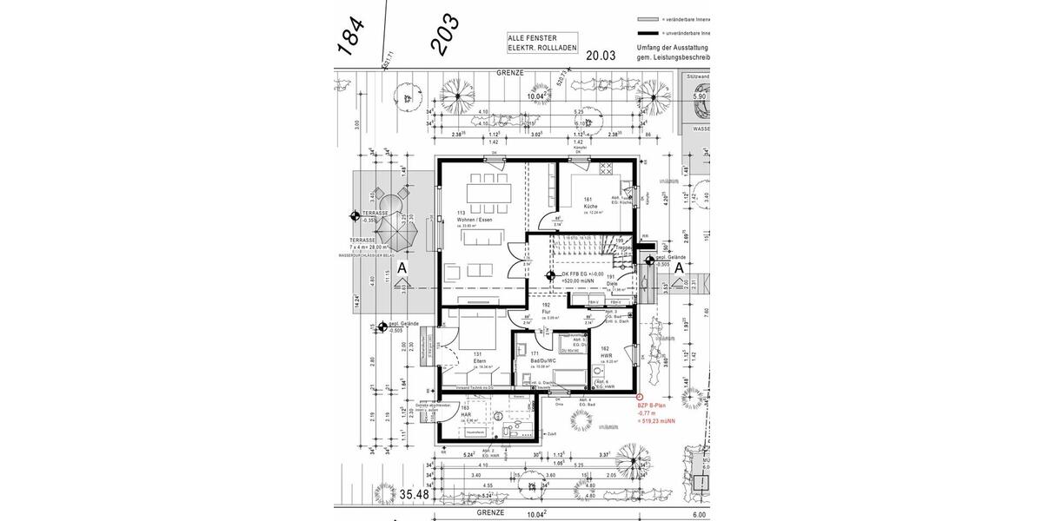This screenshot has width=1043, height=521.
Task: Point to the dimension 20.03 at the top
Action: (600, 56)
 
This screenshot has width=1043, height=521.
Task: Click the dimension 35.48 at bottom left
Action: (413, 494)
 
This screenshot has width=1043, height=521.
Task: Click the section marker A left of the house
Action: (401, 270)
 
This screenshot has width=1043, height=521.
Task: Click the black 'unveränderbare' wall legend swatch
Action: (648, 32)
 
